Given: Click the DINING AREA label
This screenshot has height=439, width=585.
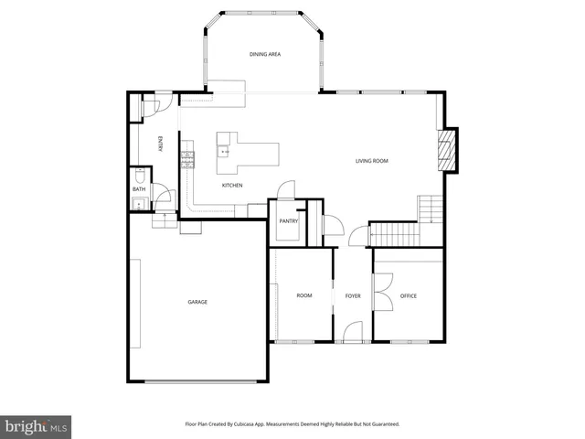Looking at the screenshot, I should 265,55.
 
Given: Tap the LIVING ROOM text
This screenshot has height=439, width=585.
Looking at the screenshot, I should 372,161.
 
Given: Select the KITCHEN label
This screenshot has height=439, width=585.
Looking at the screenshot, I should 232,186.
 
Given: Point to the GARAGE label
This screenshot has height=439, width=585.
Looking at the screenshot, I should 197,302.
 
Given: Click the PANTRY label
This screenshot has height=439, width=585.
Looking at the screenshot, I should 289,220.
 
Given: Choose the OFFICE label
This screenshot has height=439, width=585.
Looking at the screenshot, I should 408,295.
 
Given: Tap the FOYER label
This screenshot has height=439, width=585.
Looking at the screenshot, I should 353,295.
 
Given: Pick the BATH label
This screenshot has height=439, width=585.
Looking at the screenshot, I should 138,189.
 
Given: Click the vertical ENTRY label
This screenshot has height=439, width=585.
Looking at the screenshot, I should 161,144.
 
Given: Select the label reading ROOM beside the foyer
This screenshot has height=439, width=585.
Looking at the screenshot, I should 304,295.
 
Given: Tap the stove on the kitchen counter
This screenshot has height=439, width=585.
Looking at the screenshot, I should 187,160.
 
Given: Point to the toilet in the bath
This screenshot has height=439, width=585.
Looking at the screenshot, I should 138,175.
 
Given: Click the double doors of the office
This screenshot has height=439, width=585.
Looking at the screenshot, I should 384,291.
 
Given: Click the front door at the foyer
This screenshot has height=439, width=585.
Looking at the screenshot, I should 351,334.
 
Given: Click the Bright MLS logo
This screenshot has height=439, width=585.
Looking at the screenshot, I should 36,426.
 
